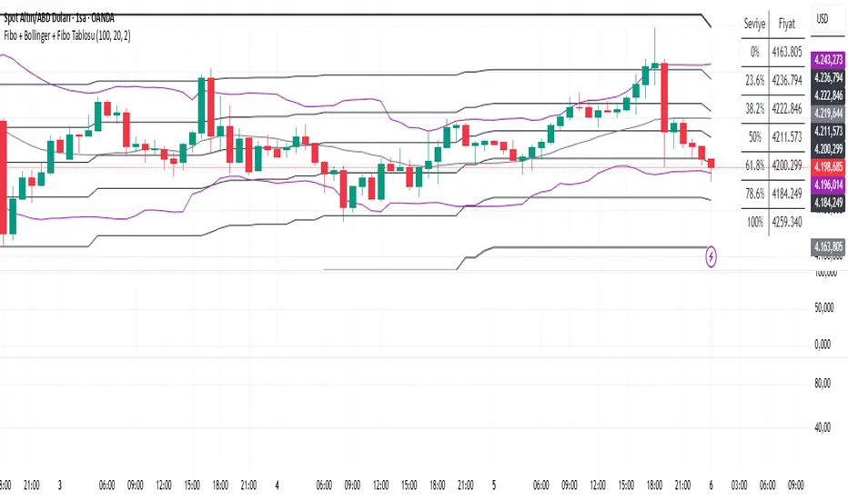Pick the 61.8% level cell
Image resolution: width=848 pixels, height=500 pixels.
click(753, 165)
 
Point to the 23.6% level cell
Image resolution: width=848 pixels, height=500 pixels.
click(753, 80)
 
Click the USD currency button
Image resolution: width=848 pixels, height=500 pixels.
click(823, 17)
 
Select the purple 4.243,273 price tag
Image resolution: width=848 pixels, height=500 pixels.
click(829, 61)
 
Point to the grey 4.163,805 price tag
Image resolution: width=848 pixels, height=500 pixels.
click(829, 245)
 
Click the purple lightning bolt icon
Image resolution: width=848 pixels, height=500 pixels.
click(711, 257)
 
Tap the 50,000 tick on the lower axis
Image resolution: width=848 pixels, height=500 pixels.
click(823, 308)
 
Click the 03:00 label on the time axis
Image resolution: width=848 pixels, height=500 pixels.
click(739, 486)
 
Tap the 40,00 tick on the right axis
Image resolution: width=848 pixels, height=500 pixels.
click(823, 427)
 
